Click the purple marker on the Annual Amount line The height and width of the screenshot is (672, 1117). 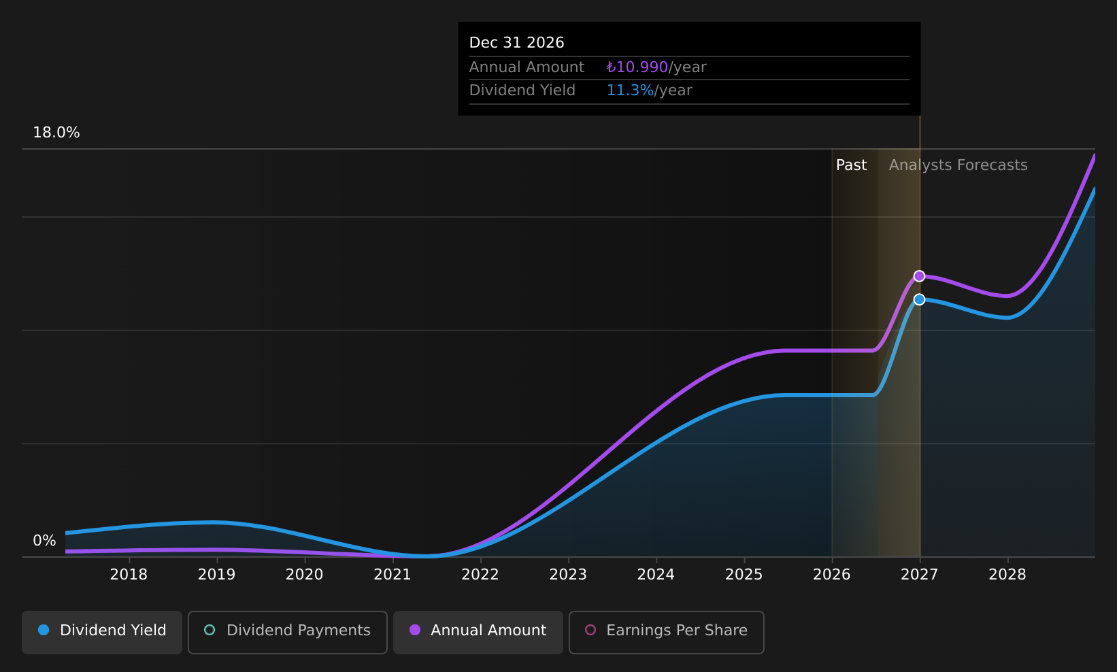pyautogui.click(x=919, y=276)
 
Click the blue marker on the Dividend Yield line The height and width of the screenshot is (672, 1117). pyautogui.click(x=919, y=299)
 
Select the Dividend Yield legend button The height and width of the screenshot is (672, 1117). pyautogui.click(x=102, y=632)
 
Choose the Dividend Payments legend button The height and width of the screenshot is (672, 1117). pyautogui.click(x=288, y=632)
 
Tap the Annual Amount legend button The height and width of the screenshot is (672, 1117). pyautogui.click(x=478, y=632)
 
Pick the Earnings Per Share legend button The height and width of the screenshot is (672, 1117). pyautogui.click(x=666, y=632)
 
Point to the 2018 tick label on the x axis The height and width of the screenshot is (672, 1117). pyautogui.click(x=129, y=575)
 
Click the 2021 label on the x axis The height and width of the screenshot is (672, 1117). pyautogui.click(x=393, y=575)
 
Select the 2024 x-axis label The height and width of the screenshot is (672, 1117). pyautogui.click(x=656, y=575)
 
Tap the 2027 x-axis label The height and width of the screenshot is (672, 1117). pyautogui.click(x=920, y=575)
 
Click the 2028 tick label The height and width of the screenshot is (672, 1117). pyautogui.click(x=1007, y=575)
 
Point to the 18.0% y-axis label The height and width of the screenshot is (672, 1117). pyautogui.click(x=56, y=133)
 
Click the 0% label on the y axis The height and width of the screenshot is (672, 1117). pyautogui.click(x=44, y=541)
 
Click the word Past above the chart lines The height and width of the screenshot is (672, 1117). pyautogui.click(x=851, y=165)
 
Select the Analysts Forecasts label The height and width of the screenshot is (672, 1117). pyautogui.click(x=958, y=165)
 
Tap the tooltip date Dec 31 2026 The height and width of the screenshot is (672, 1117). pyautogui.click(x=516, y=43)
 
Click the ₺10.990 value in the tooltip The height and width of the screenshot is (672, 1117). pyautogui.click(x=637, y=67)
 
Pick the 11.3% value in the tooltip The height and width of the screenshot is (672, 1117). pyautogui.click(x=630, y=90)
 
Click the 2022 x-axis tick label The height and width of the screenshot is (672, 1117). pyautogui.click(x=480, y=575)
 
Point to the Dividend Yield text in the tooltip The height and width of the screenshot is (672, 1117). pyautogui.click(x=522, y=90)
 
